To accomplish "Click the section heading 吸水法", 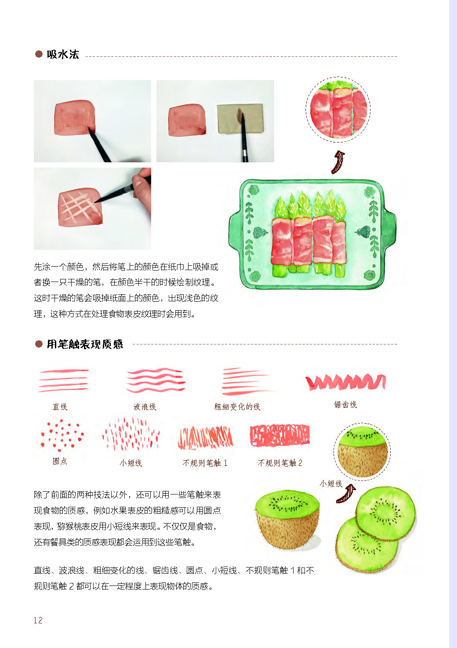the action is pos(63,55).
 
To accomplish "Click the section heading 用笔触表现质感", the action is pos(85,344).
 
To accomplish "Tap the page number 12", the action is pos(38,620).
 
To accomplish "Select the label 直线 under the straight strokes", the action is pos(60,407).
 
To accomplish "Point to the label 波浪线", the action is pos(145,407).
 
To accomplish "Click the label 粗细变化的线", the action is pos(237,407).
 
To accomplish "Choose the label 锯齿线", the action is pos(345,404).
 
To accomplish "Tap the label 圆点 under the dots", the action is pos(60,461).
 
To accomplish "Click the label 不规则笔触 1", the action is pos(205,463).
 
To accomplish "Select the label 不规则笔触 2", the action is pos(280,463).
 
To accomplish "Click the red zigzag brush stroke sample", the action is pos(346,381).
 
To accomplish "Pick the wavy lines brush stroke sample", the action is pos(156,380).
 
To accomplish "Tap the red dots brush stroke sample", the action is pos(62,435).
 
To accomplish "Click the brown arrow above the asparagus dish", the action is pos(338,162).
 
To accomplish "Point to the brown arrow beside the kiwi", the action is pos(346,494).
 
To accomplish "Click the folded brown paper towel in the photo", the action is pos(239,119).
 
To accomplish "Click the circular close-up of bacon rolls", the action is pos(338,110).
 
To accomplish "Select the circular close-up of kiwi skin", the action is pos(362,452).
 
